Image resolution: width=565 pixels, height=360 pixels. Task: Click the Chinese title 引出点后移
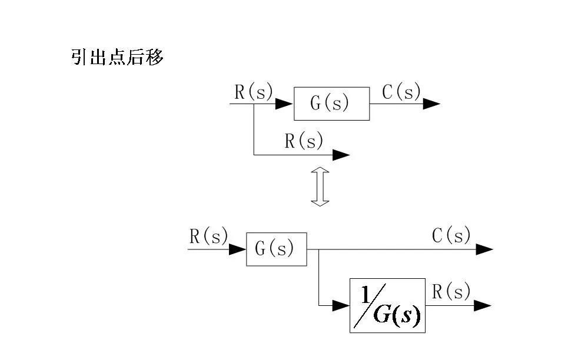click(117, 58)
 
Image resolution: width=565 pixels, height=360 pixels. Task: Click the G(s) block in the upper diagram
click(331, 104)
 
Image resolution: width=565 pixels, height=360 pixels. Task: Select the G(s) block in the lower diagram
click(276, 249)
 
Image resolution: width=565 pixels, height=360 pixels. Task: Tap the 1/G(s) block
click(387, 305)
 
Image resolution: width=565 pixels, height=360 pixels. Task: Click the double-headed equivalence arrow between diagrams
click(320, 186)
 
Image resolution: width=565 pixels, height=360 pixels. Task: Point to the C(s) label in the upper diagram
click(401, 92)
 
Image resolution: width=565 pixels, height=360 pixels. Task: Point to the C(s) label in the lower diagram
click(451, 236)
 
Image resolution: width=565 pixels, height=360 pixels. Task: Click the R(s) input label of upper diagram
click(253, 92)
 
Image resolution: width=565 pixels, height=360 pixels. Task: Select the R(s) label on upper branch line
click(304, 141)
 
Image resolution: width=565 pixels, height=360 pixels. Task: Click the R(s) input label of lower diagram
click(208, 236)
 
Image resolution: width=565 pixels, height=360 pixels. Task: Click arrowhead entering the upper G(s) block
click(285, 104)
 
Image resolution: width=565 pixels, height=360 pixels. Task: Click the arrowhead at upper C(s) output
click(431, 104)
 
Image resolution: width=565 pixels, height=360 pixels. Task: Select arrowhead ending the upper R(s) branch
click(341, 155)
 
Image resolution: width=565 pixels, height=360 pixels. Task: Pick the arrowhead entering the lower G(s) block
click(238, 249)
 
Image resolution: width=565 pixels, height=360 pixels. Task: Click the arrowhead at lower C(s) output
click(484, 249)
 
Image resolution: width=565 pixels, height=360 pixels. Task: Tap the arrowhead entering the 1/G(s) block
click(341, 305)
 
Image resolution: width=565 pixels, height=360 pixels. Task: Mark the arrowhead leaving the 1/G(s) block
click(483, 305)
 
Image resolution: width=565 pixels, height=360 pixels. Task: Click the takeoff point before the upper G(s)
click(254, 104)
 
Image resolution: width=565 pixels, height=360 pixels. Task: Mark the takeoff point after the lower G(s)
click(318, 249)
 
